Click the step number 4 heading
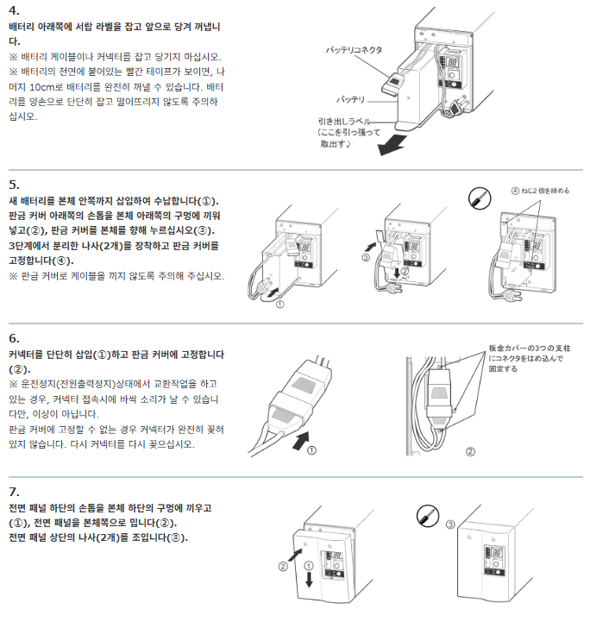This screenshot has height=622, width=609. point(14,10)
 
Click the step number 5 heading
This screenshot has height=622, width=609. point(14,185)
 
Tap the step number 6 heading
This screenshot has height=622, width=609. point(14,338)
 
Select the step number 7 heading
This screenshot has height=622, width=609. point(14,492)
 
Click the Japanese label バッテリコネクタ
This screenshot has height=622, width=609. point(354,50)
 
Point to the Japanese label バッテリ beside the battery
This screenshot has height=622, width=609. point(350,99)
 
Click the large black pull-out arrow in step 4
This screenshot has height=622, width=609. point(392,145)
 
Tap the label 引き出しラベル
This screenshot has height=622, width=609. point(344,121)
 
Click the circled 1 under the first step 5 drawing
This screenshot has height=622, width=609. point(279,305)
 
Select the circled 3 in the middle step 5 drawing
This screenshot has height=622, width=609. point(366,257)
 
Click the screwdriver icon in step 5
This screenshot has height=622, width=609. point(480,198)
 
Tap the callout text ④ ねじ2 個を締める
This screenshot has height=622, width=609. point(540,191)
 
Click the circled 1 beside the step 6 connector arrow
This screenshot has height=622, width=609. point(312,450)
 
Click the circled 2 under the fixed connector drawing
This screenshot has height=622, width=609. point(470,451)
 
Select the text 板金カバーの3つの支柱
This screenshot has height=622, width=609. point(530,349)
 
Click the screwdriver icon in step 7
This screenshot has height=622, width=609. point(428,516)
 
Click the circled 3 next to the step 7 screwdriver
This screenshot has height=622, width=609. point(450,525)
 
